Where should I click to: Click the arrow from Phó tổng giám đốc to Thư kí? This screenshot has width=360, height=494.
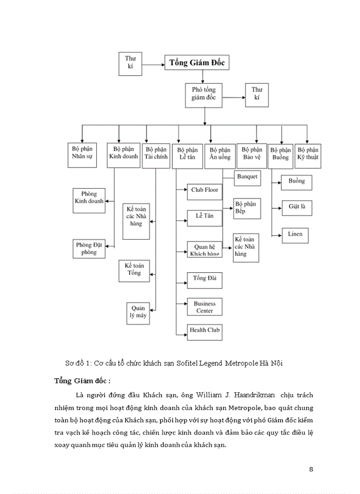(x=235, y=96)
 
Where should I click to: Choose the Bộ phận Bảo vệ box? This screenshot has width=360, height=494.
(x=252, y=153)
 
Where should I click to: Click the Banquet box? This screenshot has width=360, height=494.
(x=247, y=177)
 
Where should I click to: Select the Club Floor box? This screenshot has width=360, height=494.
(x=204, y=190)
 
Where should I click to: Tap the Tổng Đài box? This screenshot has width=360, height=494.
(x=204, y=278)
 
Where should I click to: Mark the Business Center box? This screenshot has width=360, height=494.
(x=204, y=307)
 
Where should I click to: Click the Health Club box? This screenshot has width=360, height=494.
(x=204, y=329)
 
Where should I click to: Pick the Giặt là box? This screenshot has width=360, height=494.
(x=297, y=207)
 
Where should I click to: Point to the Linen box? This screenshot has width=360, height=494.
(x=296, y=234)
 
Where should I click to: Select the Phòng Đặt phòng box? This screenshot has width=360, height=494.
(x=88, y=249)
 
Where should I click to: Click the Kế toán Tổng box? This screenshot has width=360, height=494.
(x=134, y=269)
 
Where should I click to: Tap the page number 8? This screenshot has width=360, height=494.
(x=311, y=469)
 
